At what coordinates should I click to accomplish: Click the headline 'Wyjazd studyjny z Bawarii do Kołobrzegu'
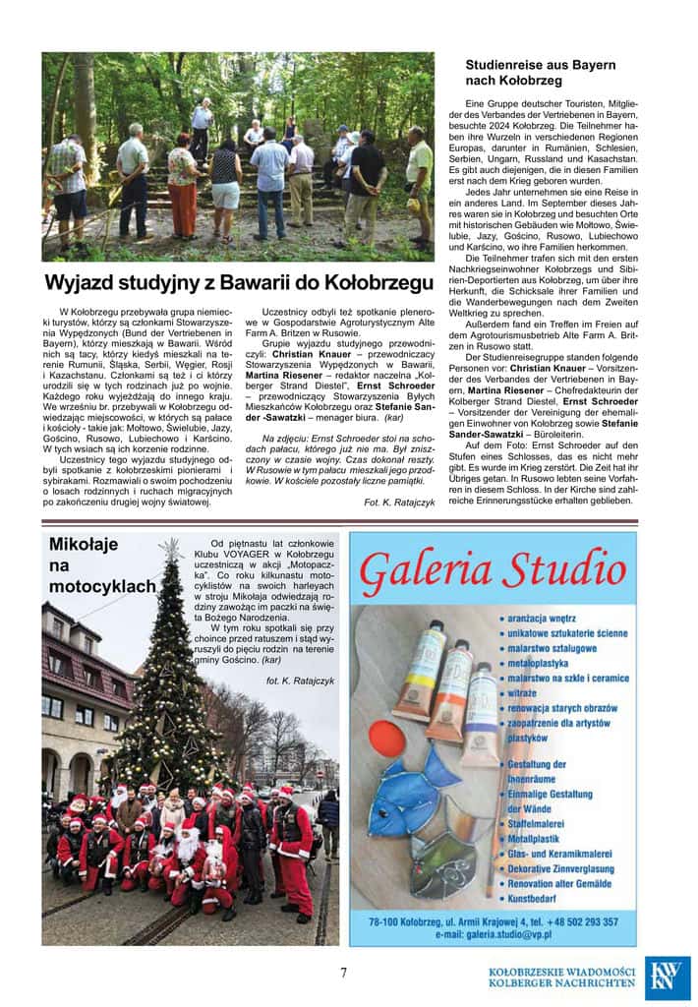[239, 283]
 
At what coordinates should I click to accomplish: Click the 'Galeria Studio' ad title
[493, 570]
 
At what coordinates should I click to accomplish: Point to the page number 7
[343, 973]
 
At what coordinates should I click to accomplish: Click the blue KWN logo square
[667, 977]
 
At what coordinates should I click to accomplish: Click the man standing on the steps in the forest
[203, 128]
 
